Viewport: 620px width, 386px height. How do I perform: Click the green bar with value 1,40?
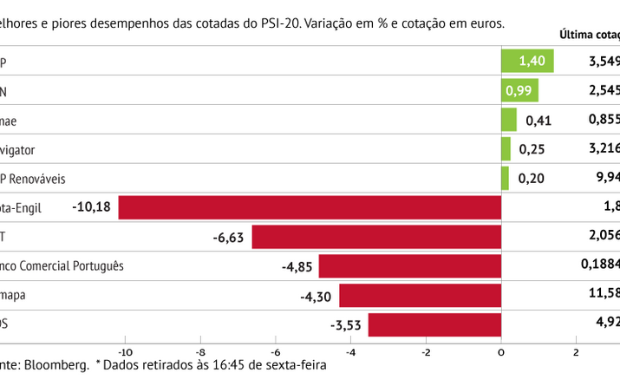pos(527,61)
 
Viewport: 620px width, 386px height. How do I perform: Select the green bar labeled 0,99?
pos(519,90)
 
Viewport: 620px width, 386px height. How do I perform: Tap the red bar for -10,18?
pos(310,207)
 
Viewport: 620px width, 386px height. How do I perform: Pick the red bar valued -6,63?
pos(376,237)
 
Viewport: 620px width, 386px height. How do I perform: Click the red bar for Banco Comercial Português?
pos(410,266)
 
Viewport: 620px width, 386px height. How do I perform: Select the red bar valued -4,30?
pos(420,295)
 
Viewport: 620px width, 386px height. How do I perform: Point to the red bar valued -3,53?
pos(434,324)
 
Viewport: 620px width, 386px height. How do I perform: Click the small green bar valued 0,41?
pos(508,120)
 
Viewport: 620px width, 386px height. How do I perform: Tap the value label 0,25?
pos(532,149)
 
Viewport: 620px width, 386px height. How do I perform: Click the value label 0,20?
pos(532,179)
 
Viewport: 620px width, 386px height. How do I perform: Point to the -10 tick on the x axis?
pos(126,351)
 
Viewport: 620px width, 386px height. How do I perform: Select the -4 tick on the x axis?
pos(350,351)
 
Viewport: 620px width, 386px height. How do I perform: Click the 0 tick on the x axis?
pos(501,351)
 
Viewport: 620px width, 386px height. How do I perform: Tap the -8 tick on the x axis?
pos(201,351)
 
